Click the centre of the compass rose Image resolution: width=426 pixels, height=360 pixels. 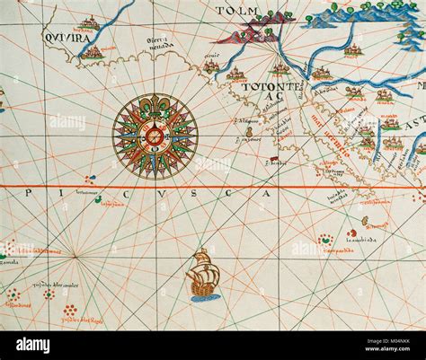[x=155, y=136]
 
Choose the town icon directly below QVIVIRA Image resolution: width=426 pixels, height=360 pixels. [x=93, y=54]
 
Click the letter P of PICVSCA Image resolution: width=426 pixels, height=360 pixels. [x=30, y=192]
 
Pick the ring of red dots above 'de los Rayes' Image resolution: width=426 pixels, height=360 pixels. [x=70, y=311]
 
